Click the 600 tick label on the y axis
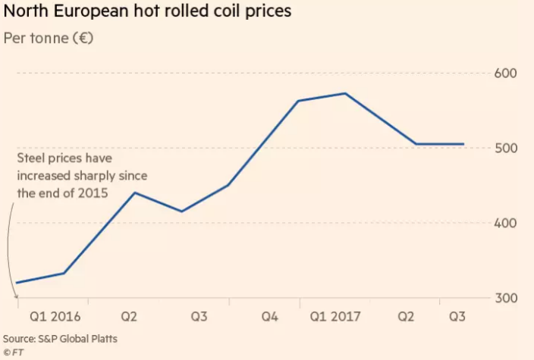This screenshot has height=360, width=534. pyautogui.click(x=505, y=74)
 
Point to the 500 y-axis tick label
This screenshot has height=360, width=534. pyautogui.click(x=505, y=148)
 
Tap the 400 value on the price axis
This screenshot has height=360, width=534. pyautogui.click(x=505, y=223)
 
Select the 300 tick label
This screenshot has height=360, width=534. pyautogui.click(x=505, y=298)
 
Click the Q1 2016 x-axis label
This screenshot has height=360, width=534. pyautogui.click(x=55, y=316)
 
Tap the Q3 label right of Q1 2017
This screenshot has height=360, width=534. pyautogui.click(x=458, y=316)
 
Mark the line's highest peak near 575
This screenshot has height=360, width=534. pyautogui.click(x=346, y=93)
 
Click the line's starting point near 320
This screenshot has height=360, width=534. pyautogui.click(x=17, y=283)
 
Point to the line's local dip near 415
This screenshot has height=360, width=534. pyautogui.click(x=181, y=211)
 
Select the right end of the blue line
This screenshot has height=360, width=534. pyautogui.click(x=464, y=144)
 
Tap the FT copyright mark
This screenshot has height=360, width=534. pyautogui.click(x=14, y=352)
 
